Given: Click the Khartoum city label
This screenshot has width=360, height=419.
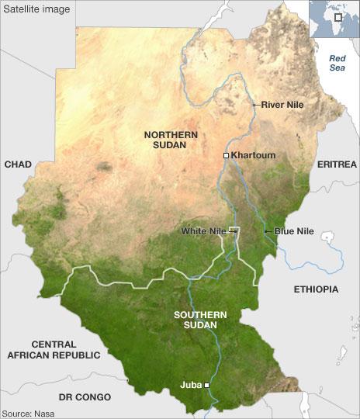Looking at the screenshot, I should (253, 155).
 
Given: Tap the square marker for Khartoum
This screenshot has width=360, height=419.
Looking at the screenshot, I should (226, 156).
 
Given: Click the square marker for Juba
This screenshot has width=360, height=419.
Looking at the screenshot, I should (207, 385).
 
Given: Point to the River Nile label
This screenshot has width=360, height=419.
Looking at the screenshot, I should (282, 104).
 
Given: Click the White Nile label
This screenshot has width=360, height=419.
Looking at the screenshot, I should (203, 230).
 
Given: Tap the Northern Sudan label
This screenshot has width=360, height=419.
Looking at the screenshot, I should (171, 140).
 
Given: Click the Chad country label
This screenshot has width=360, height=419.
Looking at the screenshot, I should (18, 164).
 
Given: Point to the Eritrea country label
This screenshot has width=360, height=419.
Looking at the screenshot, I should (337, 164).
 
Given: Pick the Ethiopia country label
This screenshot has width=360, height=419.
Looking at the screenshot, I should (316, 289).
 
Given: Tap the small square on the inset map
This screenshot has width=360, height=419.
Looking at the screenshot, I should (338, 17).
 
